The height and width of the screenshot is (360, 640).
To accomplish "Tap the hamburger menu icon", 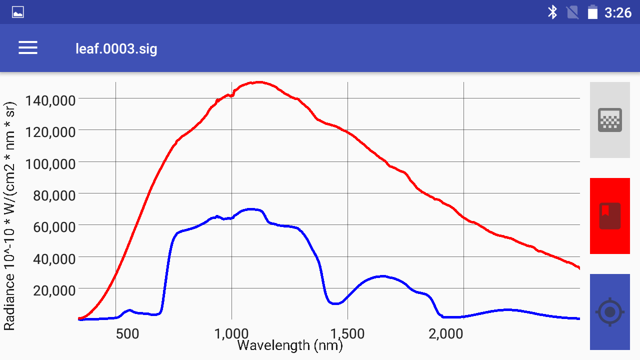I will (x=28, y=48).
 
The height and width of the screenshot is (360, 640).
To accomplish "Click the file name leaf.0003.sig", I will (x=116, y=48).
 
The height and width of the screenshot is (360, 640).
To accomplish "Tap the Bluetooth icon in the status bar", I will (x=552, y=12).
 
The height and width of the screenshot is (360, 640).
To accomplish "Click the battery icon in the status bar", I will (x=592, y=12).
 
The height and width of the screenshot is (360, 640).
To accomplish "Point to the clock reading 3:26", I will (x=618, y=12).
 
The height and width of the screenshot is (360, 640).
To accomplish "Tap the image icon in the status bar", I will (x=18, y=12).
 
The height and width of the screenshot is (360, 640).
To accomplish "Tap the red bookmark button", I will (x=609, y=216).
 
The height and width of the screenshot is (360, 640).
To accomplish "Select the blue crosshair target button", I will (x=609, y=312).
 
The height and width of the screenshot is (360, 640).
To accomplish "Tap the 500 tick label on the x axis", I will (x=127, y=333).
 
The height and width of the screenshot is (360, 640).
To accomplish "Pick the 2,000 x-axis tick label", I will (x=446, y=333).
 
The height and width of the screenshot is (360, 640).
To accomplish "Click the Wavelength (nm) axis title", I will (x=290, y=345).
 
